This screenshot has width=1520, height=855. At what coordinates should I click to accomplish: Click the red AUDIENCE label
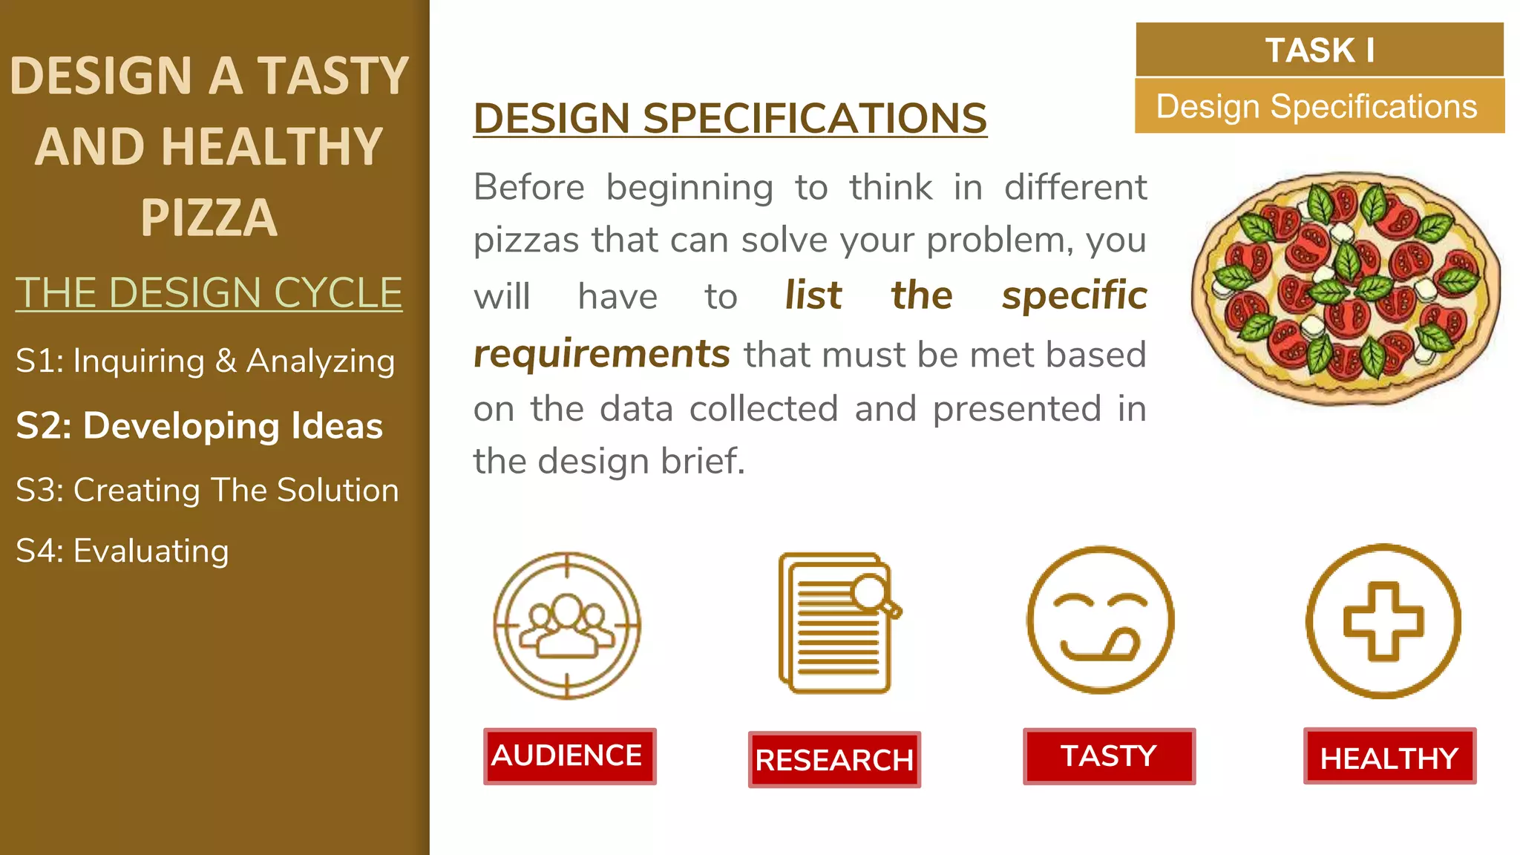pyautogui.click(x=569, y=756)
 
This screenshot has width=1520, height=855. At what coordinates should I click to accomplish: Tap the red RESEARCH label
pyautogui.click(x=834, y=759)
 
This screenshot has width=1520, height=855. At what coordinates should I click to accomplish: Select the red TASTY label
pyautogui.click(x=1109, y=756)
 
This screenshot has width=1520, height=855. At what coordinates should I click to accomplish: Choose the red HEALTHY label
pyautogui.click(x=1389, y=756)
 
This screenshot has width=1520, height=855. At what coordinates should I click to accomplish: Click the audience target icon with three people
pyautogui.click(x=567, y=625)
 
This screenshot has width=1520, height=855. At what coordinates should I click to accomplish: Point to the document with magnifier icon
pyautogui.click(x=838, y=623)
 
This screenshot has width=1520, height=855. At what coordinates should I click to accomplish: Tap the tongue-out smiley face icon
pyautogui.click(x=1101, y=620)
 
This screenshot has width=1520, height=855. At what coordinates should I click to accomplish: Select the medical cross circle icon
pyautogui.click(x=1383, y=621)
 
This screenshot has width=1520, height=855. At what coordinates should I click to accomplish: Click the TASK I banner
pyautogui.click(x=1320, y=50)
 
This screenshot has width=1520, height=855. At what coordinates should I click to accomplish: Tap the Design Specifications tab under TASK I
pyautogui.click(x=1319, y=106)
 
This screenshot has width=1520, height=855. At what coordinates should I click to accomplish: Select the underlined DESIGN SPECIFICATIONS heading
pyautogui.click(x=730, y=118)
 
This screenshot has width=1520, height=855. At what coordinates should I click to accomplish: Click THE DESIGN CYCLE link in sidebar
pyautogui.click(x=209, y=292)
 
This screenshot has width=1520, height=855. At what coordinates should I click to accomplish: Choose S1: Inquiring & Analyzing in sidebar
pyautogui.click(x=206, y=361)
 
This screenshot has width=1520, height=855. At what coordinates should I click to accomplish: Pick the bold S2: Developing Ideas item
pyautogui.click(x=200, y=426)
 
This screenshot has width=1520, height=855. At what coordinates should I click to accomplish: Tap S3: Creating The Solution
pyautogui.click(x=207, y=490)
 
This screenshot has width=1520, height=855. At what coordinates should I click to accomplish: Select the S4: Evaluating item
pyautogui.click(x=122, y=551)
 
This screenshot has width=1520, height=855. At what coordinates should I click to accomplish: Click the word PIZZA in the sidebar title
pyautogui.click(x=209, y=217)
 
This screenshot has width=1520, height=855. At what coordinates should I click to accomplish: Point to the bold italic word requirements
pyautogui.click(x=602, y=354)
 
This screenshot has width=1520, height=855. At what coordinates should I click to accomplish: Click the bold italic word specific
pyautogui.click(x=1074, y=295)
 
